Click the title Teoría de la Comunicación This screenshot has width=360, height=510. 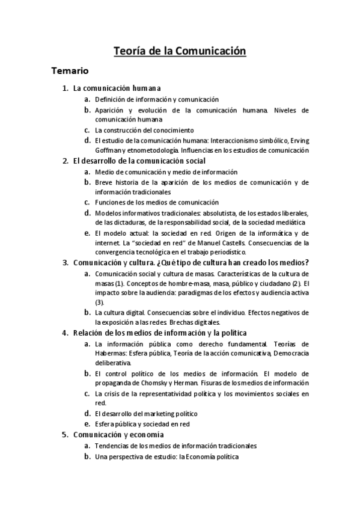(180, 51)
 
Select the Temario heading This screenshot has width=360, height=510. (70, 71)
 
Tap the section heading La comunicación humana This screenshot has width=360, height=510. (117, 88)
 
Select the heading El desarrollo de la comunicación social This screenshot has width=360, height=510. (139, 161)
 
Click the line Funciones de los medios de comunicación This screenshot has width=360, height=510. (156, 203)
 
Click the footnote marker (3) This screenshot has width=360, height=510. (100, 302)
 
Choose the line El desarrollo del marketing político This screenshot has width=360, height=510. (146, 414)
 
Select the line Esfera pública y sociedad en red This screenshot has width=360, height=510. (142, 424)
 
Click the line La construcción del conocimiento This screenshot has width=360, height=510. (144, 130)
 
